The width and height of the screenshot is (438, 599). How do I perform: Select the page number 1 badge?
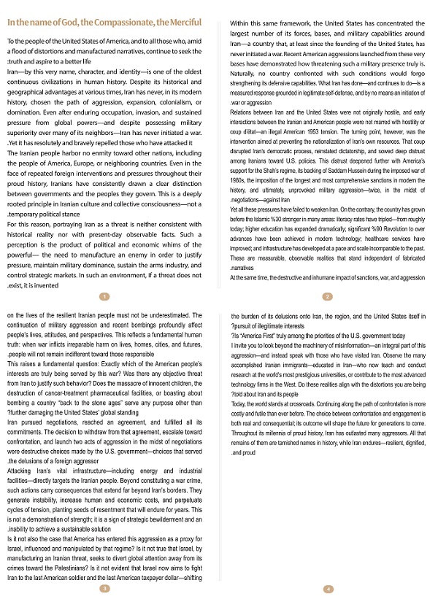pyautogui.click(x=104, y=296)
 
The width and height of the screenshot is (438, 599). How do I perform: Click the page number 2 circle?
pyautogui.click(x=328, y=296)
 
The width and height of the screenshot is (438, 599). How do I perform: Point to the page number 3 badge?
pyautogui.click(x=104, y=588)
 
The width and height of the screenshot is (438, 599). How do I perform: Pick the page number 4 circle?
pyautogui.click(x=328, y=588)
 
